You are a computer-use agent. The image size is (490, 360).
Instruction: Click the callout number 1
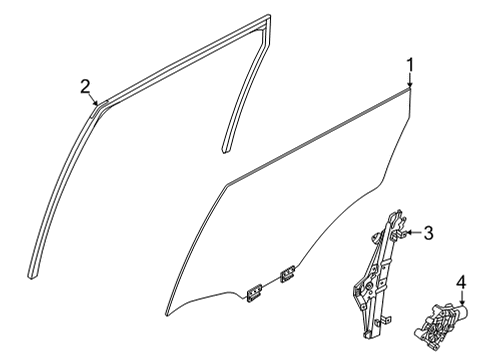coord(410,66)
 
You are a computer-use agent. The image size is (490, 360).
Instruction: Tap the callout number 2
coord(86,86)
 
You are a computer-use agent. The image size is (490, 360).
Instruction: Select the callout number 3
coord(428,233)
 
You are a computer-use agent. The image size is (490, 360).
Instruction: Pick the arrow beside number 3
coord(411,233)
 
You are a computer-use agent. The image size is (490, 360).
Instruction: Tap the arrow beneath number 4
coord(462,301)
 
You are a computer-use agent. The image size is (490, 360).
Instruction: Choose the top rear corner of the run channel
coord(268,18)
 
